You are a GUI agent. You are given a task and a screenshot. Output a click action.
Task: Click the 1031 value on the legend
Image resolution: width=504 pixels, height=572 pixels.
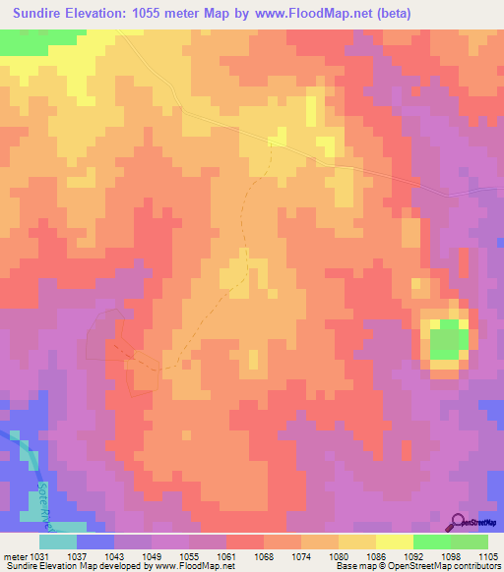(36, 556)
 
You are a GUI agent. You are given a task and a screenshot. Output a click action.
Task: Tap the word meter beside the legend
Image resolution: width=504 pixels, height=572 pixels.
(13, 556)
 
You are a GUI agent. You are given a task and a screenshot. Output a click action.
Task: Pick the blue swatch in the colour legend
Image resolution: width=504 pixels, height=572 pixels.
(95, 542)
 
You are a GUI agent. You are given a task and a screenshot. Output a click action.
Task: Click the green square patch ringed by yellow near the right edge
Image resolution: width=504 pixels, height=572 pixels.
(447, 338)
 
